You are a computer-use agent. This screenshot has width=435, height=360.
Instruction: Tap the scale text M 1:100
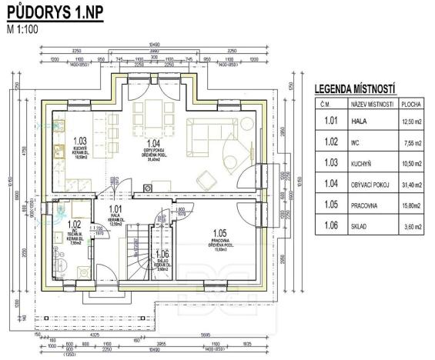click(x=25, y=30)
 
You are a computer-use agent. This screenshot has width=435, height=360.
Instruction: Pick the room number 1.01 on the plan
click(x=116, y=208)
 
